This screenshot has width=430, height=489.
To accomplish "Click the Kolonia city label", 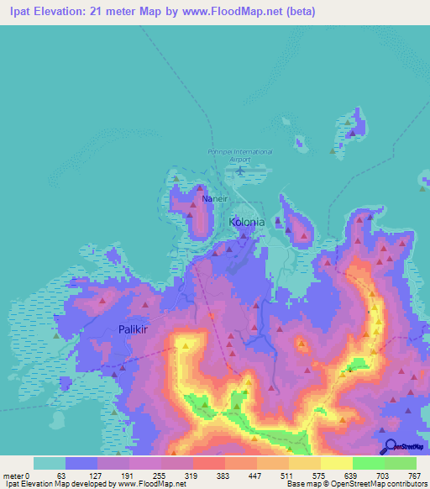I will pos(247,222).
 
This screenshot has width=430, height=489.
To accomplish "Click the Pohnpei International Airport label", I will pos(240,155).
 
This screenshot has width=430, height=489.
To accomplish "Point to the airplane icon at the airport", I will pos(241,171).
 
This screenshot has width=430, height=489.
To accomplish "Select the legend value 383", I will pos(207,476).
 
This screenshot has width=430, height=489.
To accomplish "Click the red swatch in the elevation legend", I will pos(208,463).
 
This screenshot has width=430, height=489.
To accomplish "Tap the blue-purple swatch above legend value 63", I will pos(81,463).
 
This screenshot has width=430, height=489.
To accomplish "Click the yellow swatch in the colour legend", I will pos(336,463).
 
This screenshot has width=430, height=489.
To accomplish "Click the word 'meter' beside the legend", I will pos(13,476).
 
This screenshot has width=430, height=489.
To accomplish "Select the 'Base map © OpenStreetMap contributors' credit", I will pos(362,485).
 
